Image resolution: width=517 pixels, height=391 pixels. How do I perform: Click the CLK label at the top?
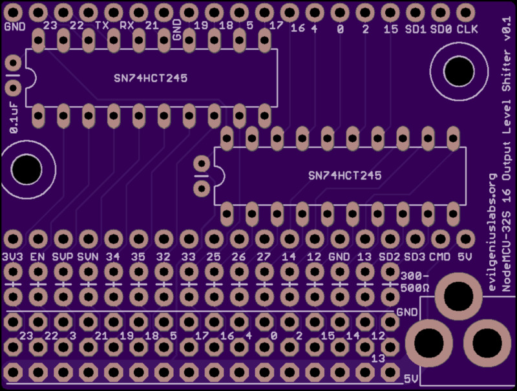467,29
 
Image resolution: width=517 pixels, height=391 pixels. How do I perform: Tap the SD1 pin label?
415,29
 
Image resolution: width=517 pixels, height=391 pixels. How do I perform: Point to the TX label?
102,26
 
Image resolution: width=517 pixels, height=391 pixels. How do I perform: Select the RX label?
127,26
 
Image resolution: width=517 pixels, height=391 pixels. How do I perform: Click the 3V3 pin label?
12,257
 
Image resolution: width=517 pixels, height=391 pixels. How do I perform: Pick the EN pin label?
37,257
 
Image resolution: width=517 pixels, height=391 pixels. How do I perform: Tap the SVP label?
63,257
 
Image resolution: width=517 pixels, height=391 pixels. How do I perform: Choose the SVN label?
88,257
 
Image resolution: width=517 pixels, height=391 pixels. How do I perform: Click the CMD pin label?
439,257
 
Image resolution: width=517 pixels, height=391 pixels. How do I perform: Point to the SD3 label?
414,257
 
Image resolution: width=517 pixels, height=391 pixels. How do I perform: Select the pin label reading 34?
113,257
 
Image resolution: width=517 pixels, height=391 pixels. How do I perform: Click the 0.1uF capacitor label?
13,117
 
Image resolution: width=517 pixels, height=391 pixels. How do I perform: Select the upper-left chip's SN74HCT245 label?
150,78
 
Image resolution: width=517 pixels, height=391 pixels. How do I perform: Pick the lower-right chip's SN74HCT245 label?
344,175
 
